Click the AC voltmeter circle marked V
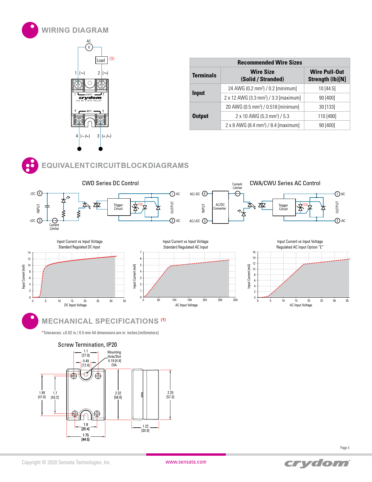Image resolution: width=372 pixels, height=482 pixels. point(89,47)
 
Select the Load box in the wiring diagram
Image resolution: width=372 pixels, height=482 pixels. point(101,60)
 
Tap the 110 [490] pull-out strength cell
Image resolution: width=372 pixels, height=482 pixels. point(327,116)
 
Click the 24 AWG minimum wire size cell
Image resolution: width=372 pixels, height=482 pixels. point(262,89)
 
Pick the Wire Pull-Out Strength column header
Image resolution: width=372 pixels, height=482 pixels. point(327,75)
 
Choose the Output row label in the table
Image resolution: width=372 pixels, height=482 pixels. point(200,116)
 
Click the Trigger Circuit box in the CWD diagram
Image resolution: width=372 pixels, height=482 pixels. point(118,207)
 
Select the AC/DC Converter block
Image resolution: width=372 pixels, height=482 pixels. point(220,207)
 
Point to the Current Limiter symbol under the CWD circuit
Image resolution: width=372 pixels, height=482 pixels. point(55,221)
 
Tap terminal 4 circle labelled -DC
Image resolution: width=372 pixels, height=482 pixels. point(40,193)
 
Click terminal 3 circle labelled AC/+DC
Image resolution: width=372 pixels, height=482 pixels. point(205,221)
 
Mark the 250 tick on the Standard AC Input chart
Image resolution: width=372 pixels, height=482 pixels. point(220,300)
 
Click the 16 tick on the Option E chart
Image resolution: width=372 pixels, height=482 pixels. point(254,252)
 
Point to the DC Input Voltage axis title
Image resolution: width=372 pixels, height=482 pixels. point(75,305)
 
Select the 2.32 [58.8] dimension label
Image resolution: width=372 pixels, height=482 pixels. point(118,395)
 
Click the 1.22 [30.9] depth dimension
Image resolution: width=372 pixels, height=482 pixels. point(145,428)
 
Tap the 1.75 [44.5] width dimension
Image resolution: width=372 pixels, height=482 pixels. point(85,437)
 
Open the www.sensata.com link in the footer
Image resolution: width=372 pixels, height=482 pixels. point(186,462)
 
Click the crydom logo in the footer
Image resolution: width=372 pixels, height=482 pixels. point(317,463)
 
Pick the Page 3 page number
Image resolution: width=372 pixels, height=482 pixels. point(345,448)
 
